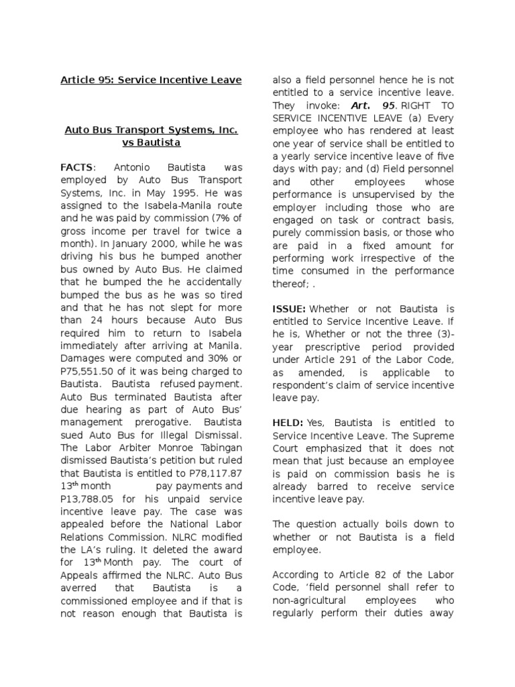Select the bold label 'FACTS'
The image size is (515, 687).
pyautogui.click(x=76, y=166)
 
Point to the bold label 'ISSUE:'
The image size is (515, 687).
pyautogui.click(x=289, y=309)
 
